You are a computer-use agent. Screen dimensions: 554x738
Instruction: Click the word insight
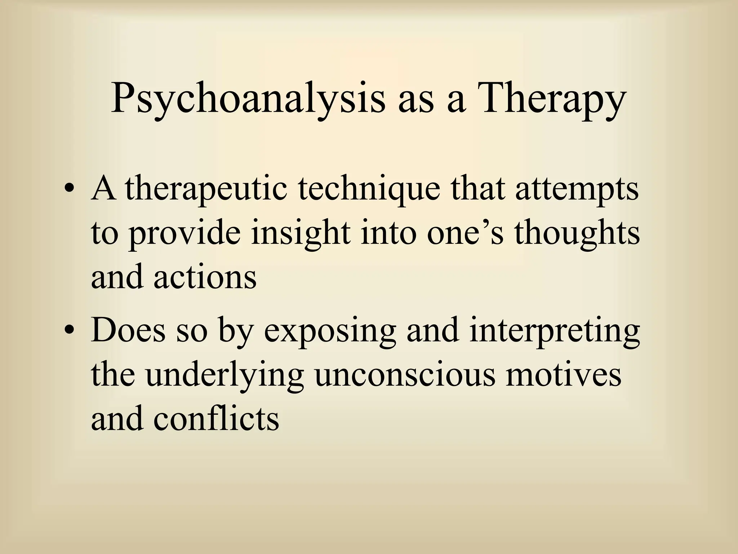point(301,234)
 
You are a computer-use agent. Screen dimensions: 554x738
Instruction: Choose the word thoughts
point(576,234)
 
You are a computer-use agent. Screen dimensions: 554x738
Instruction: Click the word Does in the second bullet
point(128,330)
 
